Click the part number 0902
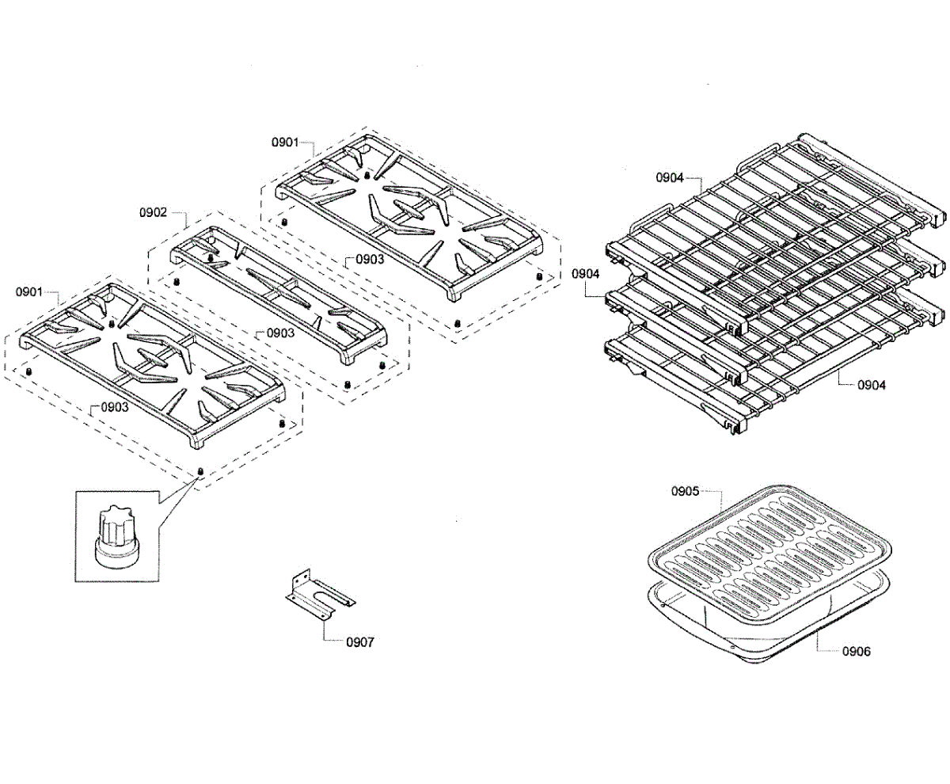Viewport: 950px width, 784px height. click(x=153, y=212)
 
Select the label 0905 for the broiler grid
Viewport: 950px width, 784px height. click(x=685, y=491)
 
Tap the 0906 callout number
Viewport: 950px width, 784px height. click(x=857, y=651)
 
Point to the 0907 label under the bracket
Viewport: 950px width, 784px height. click(x=361, y=642)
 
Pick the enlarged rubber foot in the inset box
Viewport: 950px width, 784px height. click(x=117, y=539)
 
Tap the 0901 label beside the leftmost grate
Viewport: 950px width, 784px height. click(x=29, y=291)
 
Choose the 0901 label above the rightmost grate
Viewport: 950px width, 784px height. click(x=284, y=143)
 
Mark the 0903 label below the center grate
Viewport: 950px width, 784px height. click(x=280, y=333)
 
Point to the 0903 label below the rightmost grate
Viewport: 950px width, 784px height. click(x=370, y=258)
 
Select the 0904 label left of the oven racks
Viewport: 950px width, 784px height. click(x=587, y=274)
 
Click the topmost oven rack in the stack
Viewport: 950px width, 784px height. click(x=776, y=206)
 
